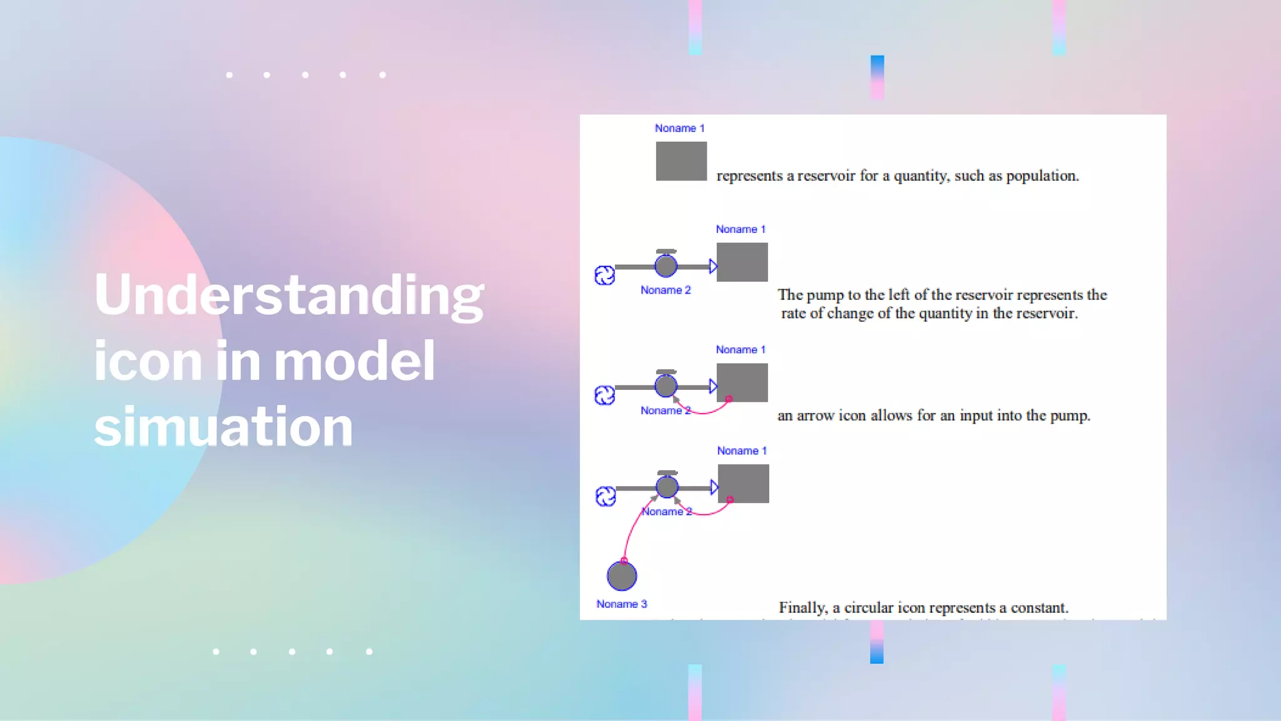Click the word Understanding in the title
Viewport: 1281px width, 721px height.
click(x=289, y=295)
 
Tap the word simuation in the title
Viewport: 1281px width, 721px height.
click(x=223, y=427)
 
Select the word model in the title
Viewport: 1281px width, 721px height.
click(x=354, y=361)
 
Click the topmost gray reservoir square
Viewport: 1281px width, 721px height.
click(x=681, y=161)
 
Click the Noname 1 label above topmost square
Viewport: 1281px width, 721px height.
click(x=679, y=128)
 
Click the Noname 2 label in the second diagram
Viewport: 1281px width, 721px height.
click(x=666, y=290)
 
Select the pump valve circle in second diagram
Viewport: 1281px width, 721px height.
click(x=666, y=265)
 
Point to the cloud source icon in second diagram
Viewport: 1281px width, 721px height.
click(x=605, y=275)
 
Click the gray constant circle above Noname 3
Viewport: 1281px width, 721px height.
click(x=622, y=576)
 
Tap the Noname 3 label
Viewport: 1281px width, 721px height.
click(x=621, y=604)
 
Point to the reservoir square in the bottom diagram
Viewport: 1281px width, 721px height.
click(x=743, y=483)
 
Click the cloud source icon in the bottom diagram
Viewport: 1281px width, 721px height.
click(x=605, y=497)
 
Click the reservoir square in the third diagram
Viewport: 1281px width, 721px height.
click(x=742, y=382)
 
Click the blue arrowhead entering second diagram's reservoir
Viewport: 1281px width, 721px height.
click(x=713, y=267)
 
